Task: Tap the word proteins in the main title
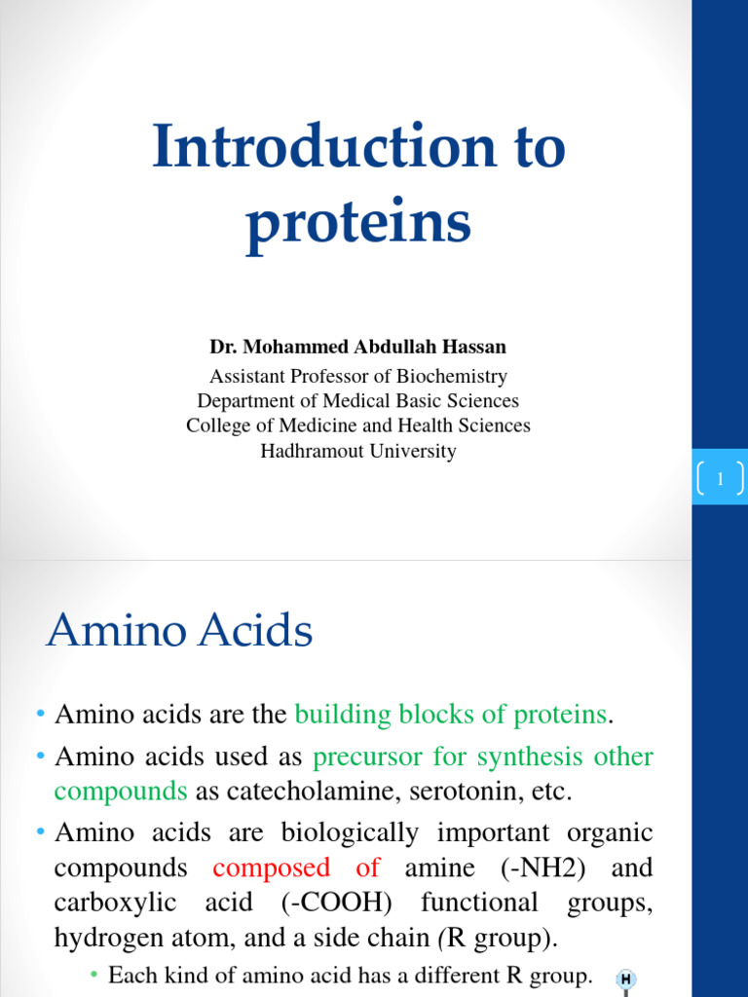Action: (357, 223)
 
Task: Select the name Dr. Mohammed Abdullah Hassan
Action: (357, 347)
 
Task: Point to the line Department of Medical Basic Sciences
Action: (357, 401)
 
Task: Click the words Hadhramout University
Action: (357, 452)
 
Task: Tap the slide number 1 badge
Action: (720, 478)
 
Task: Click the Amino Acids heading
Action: (179, 631)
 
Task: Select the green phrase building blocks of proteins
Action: (450, 715)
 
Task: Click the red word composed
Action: (272, 868)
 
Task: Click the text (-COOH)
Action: (336, 903)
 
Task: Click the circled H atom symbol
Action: (625, 979)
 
